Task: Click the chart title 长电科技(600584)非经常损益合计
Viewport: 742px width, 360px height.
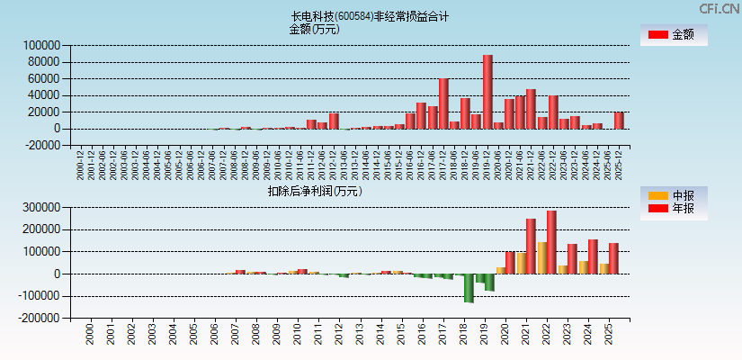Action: (370, 16)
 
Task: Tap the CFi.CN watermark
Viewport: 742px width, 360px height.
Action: (720, 8)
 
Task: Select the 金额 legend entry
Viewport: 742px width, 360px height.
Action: (674, 35)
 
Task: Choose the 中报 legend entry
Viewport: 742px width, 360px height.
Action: (674, 195)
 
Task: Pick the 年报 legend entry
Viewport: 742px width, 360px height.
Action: (674, 209)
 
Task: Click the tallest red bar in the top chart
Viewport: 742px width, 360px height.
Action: (487, 92)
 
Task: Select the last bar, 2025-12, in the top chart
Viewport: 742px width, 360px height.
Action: (619, 121)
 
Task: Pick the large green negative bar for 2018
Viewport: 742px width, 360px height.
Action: (469, 288)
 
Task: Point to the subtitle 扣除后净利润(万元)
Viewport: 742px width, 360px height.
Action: (314, 191)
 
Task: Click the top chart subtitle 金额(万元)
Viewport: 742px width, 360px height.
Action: (314, 29)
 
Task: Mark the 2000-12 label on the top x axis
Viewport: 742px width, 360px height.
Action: (81, 166)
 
